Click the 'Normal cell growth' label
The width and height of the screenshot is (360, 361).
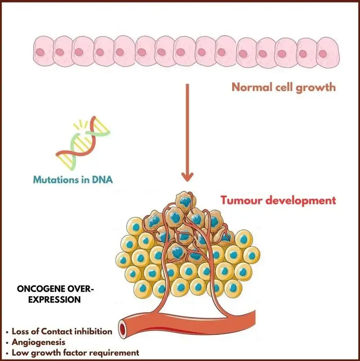tap(283, 88)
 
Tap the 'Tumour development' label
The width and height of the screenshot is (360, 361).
tap(278, 201)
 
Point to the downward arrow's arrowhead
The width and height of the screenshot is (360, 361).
tap(188, 177)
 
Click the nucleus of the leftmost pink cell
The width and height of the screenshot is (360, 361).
tap(41, 52)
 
